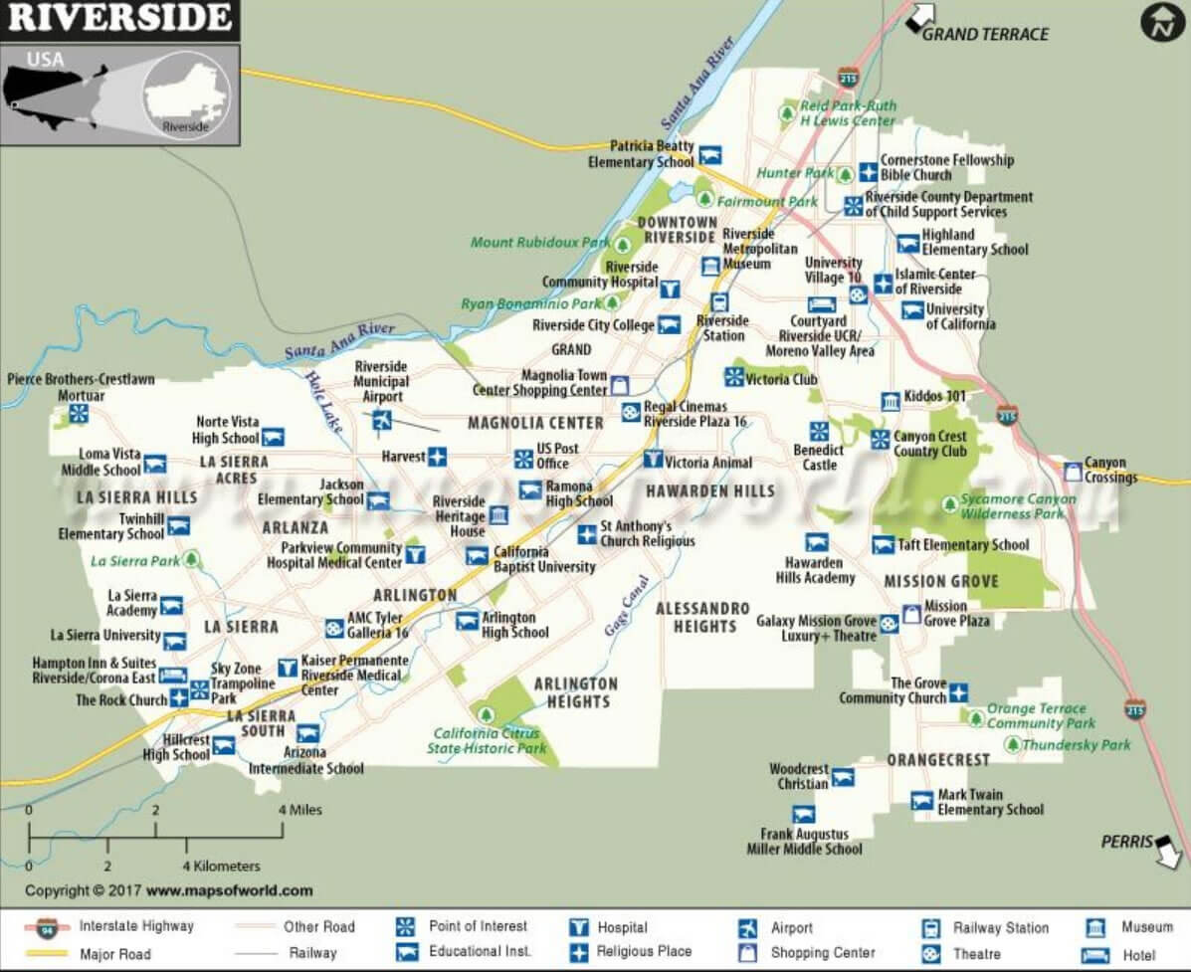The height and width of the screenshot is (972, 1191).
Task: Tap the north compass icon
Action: pyautogui.click(x=1161, y=22)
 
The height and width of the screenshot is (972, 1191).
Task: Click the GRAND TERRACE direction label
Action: pyautogui.click(x=985, y=34)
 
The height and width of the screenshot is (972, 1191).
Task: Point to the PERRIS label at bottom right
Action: pyautogui.click(x=1125, y=842)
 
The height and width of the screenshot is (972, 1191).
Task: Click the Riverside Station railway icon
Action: pyautogui.click(x=718, y=301)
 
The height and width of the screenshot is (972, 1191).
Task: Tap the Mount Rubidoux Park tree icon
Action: pyautogui.click(x=624, y=243)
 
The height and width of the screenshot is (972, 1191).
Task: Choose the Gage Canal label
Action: pyautogui.click(x=626, y=606)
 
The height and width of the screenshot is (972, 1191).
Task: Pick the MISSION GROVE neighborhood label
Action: pyautogui.click(x=940, y=580)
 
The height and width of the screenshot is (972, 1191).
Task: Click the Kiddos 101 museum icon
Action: pyautogui.click(x=891, y=401)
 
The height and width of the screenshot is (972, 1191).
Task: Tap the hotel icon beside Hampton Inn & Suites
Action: pyautogui.click(x=172, y=676)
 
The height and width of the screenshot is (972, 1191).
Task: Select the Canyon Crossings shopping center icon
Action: pyautogui.click(x=1072, y=471)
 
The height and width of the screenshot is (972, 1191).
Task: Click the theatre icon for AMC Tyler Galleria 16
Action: pyautogui.click(x=334, y=628)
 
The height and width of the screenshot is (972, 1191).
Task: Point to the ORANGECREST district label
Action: pyautogui.click(x=938, y=760)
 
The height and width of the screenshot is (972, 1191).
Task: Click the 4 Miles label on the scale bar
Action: pyautogui.click(x=300, y=810)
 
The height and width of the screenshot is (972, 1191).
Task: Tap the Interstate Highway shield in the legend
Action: pyautogui.click(x=48, y=928)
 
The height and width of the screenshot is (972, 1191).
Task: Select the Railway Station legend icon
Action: pyautogui.click(x=931, y=928)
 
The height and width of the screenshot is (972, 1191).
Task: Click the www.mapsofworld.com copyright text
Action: pyautogui.click(x=229, y=890)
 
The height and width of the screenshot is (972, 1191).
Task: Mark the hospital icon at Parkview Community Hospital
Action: pyautogui.click(x=415, y=555)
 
